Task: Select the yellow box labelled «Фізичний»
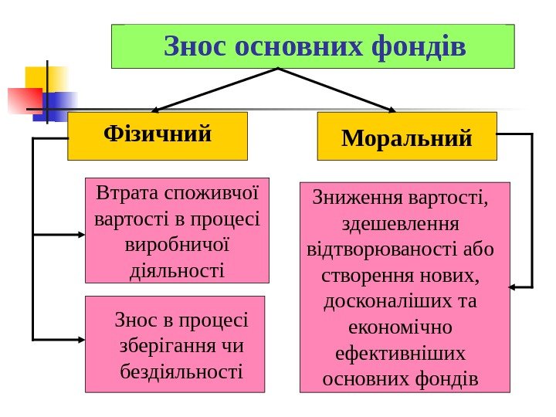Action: [158, 136]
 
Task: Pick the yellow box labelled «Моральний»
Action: [407, 137]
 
